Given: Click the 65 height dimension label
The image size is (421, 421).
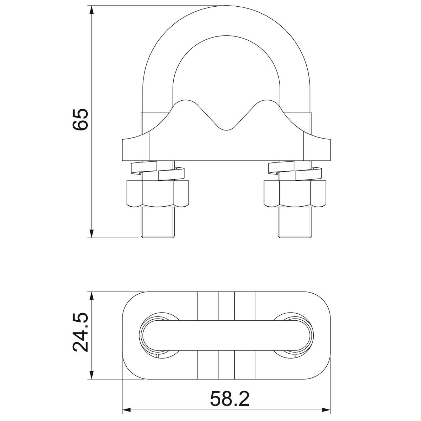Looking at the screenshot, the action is coord(80,120).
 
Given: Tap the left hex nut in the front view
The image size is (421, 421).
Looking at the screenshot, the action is coord(158,194).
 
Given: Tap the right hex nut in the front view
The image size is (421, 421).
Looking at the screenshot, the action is coord(295,194).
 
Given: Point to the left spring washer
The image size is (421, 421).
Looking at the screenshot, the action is coord(158,171).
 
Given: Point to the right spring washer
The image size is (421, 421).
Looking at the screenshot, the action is coord(295,171).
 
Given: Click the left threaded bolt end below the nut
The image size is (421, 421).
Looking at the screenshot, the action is coord(158,222).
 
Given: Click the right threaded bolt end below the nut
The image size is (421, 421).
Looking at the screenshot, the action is coord(295,222).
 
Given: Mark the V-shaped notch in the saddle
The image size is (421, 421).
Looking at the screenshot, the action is coord(226,122).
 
